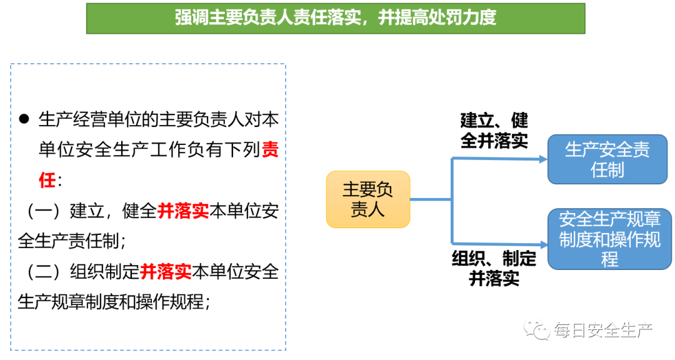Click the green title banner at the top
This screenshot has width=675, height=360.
coord(336,18)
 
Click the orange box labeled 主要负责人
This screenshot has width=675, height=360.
coord(367,199)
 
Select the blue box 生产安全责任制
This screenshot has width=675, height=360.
coord(607,159)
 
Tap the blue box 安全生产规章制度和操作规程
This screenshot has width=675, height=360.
coord(609,239)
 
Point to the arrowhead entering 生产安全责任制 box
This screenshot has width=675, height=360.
coord(542,159)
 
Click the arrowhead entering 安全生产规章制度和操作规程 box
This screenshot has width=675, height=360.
coord(542,243)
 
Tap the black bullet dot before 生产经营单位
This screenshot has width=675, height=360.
coord(24,119)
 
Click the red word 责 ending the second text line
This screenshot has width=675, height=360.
coord(270,151)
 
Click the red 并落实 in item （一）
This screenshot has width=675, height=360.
coord(183,211)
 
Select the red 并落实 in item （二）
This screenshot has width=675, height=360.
coord(166,272)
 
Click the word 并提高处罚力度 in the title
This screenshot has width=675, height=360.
coord(437,18)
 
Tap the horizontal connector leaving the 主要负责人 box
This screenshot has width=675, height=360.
coord(431,199)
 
